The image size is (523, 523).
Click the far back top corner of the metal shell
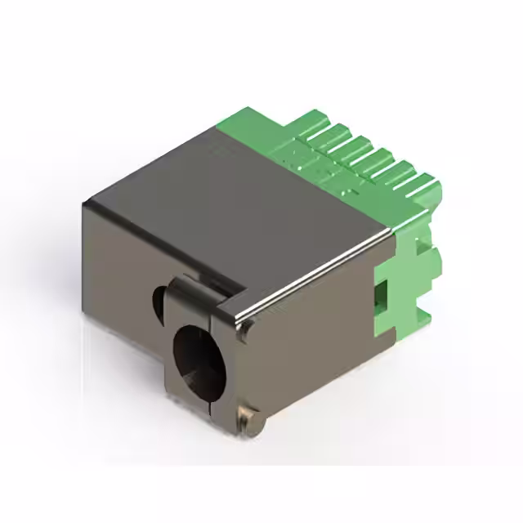pos(219,125)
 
